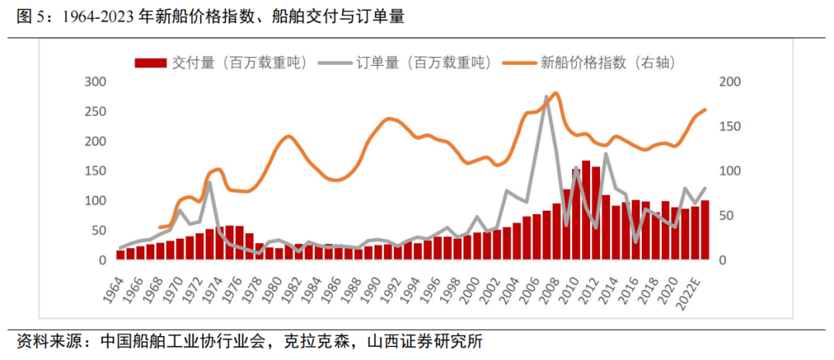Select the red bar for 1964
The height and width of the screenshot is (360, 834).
point(120,255)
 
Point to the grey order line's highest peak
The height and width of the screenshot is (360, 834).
point(547,97)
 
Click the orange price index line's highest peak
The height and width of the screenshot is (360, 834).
point(556,93)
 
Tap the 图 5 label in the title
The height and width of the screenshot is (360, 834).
point(31,17)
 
